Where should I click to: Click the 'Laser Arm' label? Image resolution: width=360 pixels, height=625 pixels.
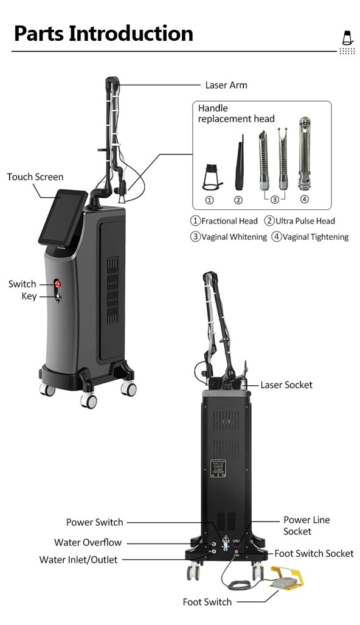(226, 85)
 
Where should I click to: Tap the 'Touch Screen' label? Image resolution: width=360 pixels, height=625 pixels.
(35, 176)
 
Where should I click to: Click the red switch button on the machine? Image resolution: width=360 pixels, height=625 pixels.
(58, 284)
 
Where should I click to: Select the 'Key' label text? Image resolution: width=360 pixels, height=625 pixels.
(29, 296)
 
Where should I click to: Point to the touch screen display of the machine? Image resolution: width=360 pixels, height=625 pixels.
(63, 218)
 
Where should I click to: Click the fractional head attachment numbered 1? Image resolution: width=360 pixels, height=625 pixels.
(212, 177)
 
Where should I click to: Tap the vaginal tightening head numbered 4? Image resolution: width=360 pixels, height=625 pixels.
(305, 153)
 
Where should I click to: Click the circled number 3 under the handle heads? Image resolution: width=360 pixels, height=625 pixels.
(274, 200)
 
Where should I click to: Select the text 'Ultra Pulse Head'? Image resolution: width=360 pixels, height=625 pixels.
(305, 221)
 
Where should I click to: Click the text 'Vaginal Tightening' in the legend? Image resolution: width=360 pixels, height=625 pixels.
(316, 237)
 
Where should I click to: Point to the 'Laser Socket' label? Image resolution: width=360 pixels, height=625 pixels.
(286, 385)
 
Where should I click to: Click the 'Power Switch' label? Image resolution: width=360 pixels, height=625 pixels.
(94, 522)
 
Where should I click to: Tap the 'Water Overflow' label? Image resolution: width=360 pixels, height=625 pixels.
(88, 542)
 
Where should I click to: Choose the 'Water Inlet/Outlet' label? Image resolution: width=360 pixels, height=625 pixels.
(78, 560)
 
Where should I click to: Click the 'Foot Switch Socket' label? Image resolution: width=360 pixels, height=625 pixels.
(314, 553)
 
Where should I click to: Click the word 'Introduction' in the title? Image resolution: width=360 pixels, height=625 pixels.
(131, 33)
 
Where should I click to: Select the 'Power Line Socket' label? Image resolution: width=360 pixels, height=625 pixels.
(306, 525)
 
